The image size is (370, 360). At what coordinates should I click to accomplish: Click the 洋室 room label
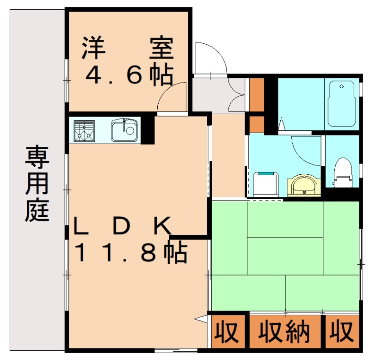pos(128,48)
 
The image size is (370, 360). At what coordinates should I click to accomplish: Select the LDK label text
pos(124,226)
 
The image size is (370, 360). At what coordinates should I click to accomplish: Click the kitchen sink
pos(124,130)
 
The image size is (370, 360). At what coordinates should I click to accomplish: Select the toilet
pos(343,172)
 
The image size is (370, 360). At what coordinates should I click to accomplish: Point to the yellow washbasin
pos(303,185)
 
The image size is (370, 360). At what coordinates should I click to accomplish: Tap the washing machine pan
pos(265,183)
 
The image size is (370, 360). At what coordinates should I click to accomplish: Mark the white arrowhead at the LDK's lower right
pos(202,318)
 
